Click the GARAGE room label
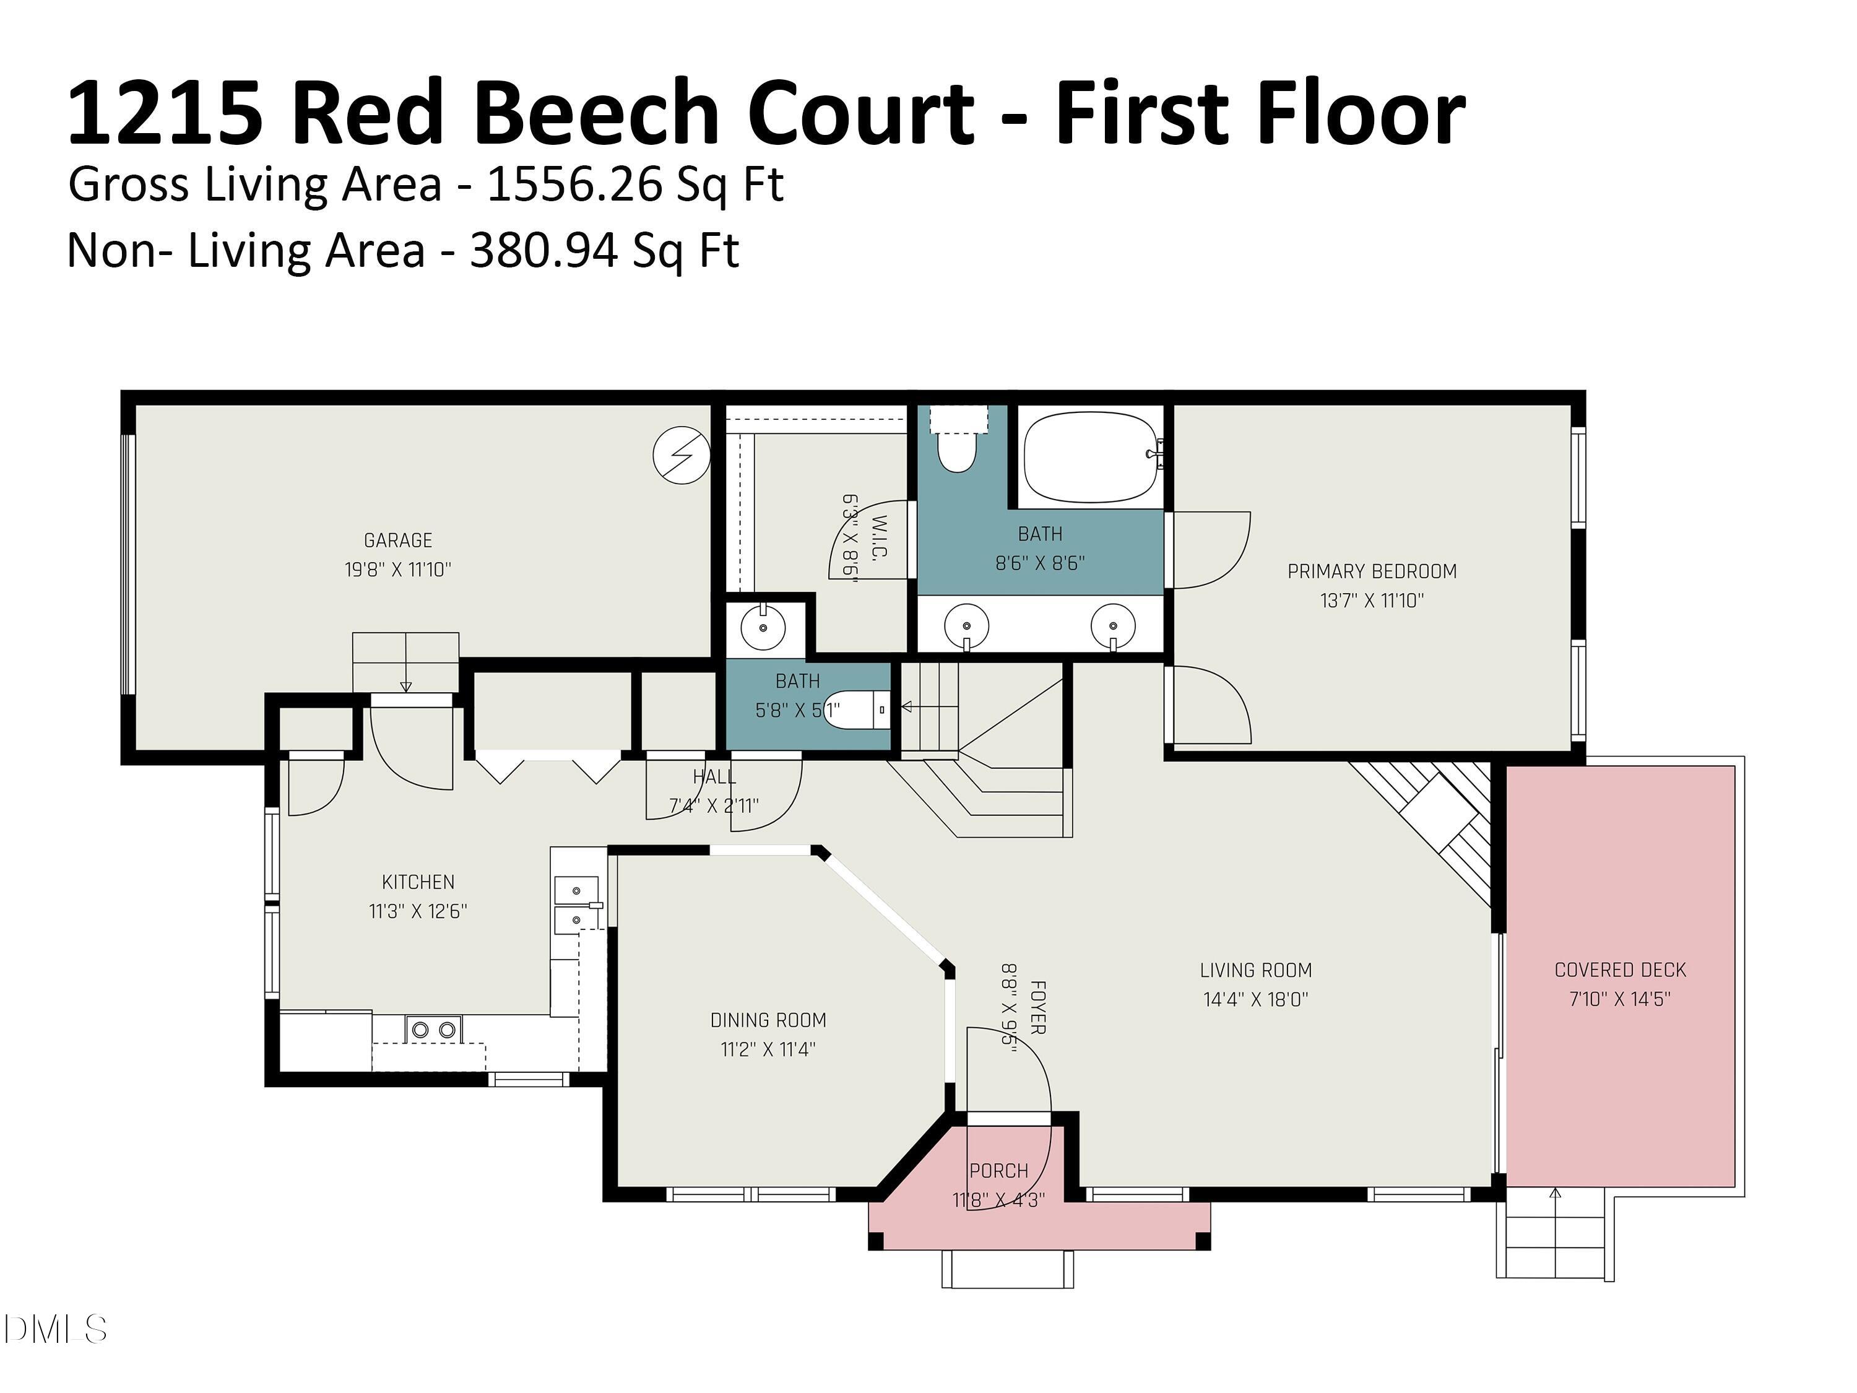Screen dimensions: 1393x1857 (x=397, y=540)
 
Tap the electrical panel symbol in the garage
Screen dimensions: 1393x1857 (x=681, y=454)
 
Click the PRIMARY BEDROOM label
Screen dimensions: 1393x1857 (x=1372, y=571)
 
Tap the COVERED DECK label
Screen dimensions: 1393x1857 (x=1619, y=970)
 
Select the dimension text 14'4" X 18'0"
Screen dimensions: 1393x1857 (x=1255, y=999)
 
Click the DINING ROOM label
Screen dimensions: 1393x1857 (x=768, y=1020)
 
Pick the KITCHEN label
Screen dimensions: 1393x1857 (x=418, y=882)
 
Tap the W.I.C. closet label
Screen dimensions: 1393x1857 (x=880, y=538)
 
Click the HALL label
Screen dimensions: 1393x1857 (x=714, y=777)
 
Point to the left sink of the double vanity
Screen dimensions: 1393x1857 (x=966, y=625)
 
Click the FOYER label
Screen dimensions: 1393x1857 (x=1037, y=1007)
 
